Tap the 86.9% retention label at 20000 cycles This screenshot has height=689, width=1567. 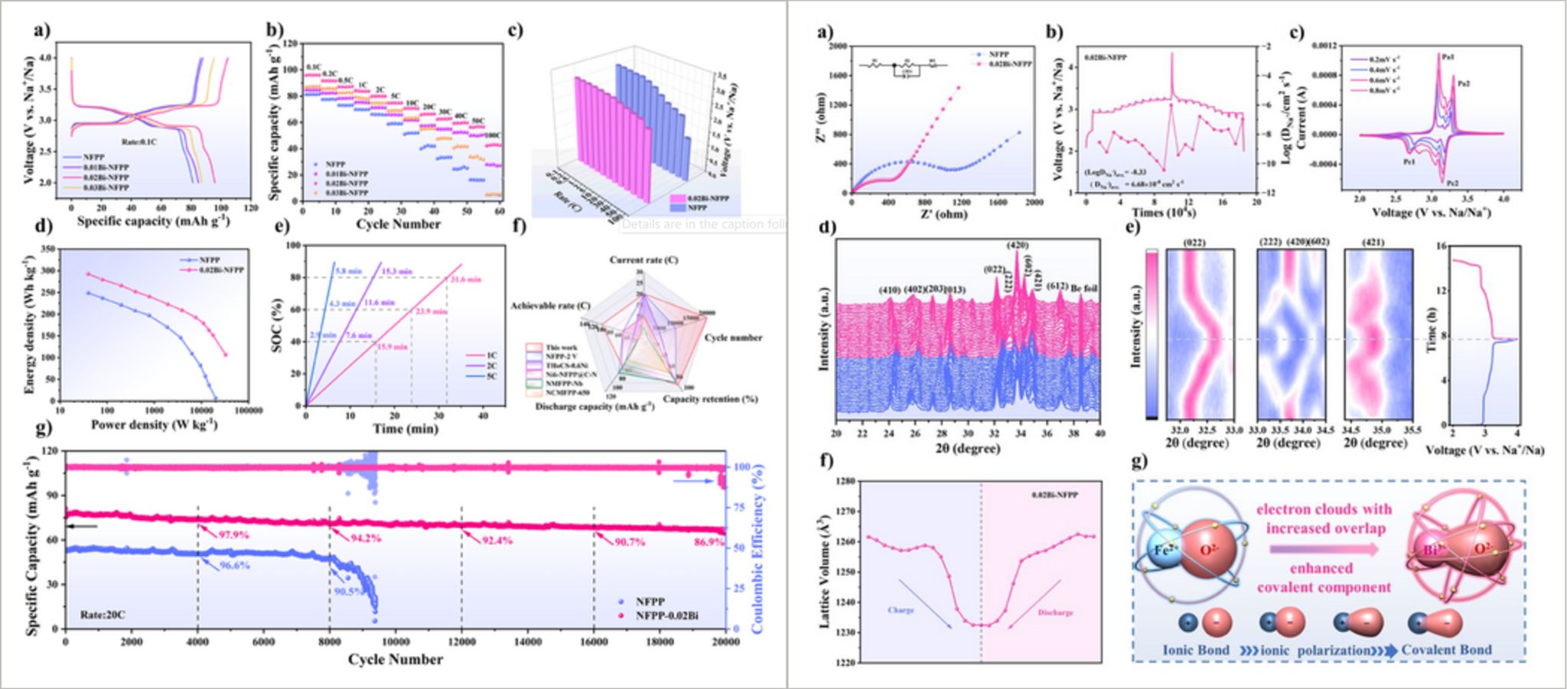coord(709,541)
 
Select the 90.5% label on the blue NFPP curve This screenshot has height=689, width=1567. coord(349,591)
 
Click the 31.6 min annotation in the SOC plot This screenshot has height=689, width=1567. coord(465,280)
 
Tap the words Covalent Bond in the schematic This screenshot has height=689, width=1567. coord(1446,650)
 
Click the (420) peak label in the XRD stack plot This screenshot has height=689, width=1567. coord(1017,245)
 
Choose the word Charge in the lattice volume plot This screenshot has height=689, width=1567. coord(901,610)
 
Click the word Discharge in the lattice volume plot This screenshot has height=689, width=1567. coord(1055,613)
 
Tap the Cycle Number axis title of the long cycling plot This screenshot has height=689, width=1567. coord(395,659)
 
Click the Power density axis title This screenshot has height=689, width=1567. coord(154,424)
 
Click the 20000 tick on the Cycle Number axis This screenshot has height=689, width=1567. coord(723,642)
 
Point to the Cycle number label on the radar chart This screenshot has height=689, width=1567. coord(732,337)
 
